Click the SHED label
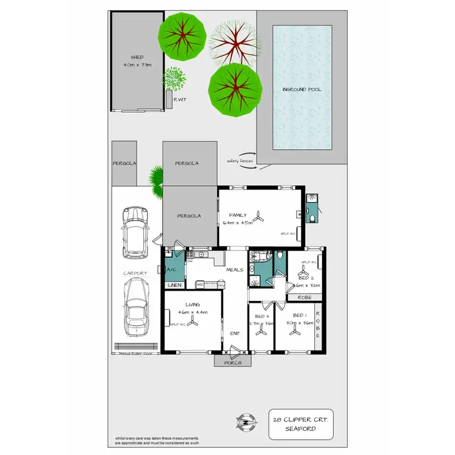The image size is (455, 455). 137,57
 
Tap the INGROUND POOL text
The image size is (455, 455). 302,89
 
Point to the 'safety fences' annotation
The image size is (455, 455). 240,161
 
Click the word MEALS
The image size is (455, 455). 234,269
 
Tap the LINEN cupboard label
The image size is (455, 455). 174,285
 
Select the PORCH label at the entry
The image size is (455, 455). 233,363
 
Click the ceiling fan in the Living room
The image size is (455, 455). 192,325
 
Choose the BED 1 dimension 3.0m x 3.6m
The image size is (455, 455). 302,323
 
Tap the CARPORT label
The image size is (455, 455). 135,274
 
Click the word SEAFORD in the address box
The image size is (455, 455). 302,428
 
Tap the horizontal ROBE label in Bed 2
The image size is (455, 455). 305,298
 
